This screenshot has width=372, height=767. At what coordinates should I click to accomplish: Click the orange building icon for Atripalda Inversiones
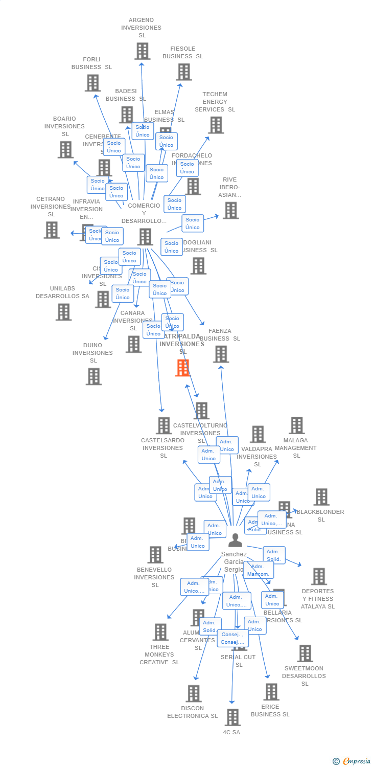click(182, 368)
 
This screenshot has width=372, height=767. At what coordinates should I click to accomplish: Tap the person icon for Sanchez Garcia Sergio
click(235, 540)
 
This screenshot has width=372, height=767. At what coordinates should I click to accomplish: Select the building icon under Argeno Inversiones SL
click(143, 51)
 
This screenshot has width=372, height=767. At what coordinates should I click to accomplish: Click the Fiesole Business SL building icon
click(184, 72)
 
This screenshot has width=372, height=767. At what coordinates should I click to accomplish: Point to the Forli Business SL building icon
click(92, 83)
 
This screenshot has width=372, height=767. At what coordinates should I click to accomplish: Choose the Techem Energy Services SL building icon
click(216, 125)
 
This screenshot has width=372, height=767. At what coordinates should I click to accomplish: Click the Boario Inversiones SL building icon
click(65, 150)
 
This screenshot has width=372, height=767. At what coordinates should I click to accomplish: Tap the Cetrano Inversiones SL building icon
click(52, 230)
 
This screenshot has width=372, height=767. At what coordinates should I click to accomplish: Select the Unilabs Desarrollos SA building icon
click(63, 312)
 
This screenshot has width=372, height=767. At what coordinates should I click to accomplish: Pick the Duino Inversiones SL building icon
click(94, 376)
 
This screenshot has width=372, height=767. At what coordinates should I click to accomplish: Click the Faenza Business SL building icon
click(221, 354)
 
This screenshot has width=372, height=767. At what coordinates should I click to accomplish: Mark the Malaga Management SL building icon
click(296, 425)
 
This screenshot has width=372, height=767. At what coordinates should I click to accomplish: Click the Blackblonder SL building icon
click(321, 497)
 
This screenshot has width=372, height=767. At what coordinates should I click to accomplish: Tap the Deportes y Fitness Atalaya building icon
click(318, 576)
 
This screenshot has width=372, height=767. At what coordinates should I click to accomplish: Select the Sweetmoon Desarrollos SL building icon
click(305, 653)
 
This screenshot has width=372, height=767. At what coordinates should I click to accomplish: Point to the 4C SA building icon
click(232, 717)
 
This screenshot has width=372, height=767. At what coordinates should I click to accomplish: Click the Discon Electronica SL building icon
click(193, 694)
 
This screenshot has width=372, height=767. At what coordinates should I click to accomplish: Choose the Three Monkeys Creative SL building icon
click(160, 633)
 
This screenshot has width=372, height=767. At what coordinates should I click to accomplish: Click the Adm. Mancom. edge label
click(258, 570)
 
